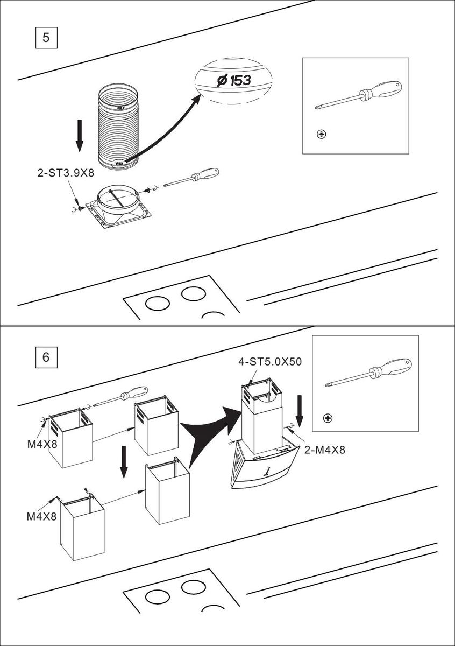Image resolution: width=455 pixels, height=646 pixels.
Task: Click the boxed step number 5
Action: pos(46,38)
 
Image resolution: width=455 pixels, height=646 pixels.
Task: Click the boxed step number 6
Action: pos(46,356)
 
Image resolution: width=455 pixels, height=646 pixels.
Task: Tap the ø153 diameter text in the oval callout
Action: pos(234,81)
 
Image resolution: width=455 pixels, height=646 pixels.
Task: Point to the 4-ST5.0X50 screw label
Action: pos(270,362)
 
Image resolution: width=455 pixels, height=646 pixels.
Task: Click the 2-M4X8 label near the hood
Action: pos(325,450)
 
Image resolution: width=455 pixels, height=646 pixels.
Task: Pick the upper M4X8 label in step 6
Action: pos(42,444)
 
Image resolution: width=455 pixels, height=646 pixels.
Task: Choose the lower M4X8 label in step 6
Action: pos(42,517)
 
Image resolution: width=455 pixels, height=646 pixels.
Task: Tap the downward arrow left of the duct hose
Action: pos(80,135)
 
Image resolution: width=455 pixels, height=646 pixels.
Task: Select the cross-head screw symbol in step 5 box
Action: pos(322,134)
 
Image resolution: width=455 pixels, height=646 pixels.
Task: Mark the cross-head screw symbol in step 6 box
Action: pos(328,418)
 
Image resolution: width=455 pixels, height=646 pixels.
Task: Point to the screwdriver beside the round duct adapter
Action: pos(191,178)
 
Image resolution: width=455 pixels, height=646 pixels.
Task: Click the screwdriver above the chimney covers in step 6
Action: pos(120,397)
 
